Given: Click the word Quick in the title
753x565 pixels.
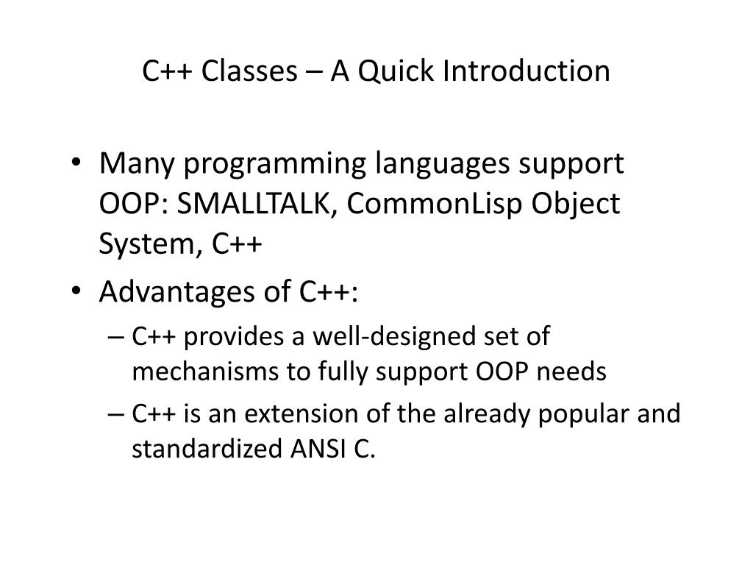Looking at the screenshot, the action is point(396,72).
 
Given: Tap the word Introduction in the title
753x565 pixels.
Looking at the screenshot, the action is point(527,71).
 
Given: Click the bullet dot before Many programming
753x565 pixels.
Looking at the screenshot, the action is point(76,162).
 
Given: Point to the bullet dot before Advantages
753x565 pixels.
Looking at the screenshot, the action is point(76,291).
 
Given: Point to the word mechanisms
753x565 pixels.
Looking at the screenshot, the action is point(205,372).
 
